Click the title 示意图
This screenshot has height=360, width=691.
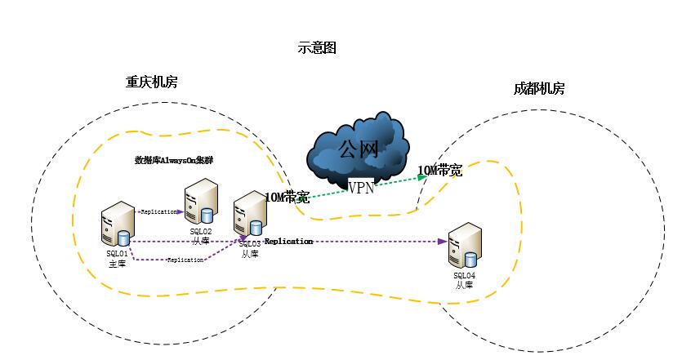click(317, 48)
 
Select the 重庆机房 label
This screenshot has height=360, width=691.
click(151, 82)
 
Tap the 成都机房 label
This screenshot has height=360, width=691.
click(539, 89)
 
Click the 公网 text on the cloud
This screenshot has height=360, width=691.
click(359, 149)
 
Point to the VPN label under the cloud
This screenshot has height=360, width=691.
click(362, 188)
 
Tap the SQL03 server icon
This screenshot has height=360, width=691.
click(247, 216)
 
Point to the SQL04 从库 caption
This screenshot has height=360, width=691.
click(464, 280)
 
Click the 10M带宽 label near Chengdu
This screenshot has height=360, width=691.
click(440, 171)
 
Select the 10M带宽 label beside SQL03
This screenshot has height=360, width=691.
click(287, 197)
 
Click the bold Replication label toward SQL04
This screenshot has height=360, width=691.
click(288, 242)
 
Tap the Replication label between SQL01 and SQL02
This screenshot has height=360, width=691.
click(158, 212)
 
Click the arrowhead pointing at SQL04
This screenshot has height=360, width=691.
click(443, 242)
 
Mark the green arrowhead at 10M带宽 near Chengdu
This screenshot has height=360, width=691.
click(422, 176)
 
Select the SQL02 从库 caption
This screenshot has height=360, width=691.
click(201, 236)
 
